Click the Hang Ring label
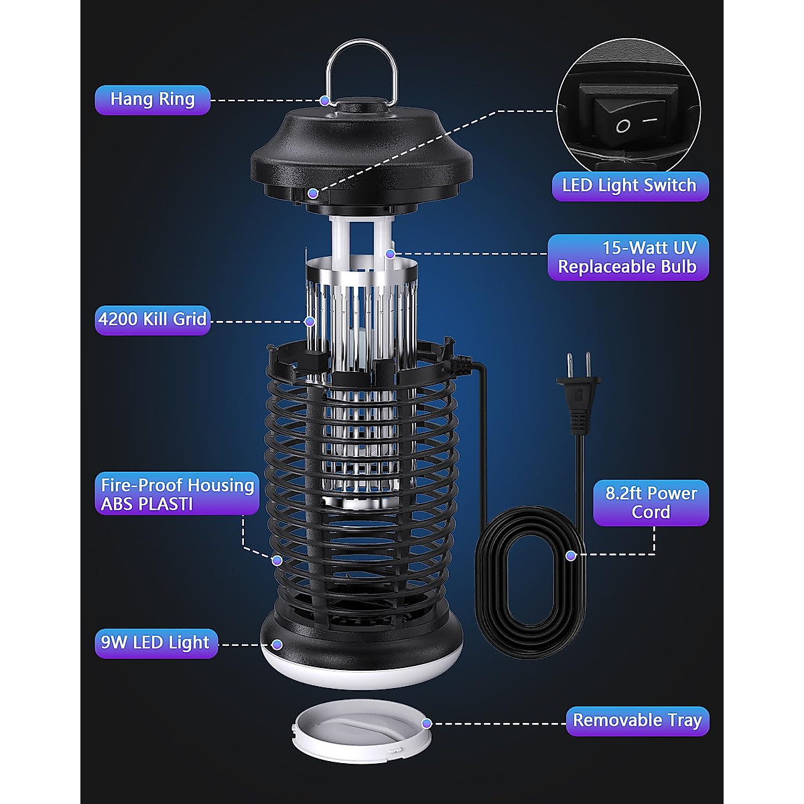tap(152, 100)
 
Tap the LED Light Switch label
tap(629, 186)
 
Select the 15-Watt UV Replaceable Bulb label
tap(628, 257)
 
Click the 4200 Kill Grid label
tap(152, 319)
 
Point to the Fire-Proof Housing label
tap(177, 494)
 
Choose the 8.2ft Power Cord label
tap(651, 503)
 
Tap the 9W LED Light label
tap(155, 643)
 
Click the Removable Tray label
tap(636, 721)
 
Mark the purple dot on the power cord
tap(571, 555)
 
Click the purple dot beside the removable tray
tap(427, 724)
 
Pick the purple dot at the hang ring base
tap(325, 100)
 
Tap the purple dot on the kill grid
tap(310, 322)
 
